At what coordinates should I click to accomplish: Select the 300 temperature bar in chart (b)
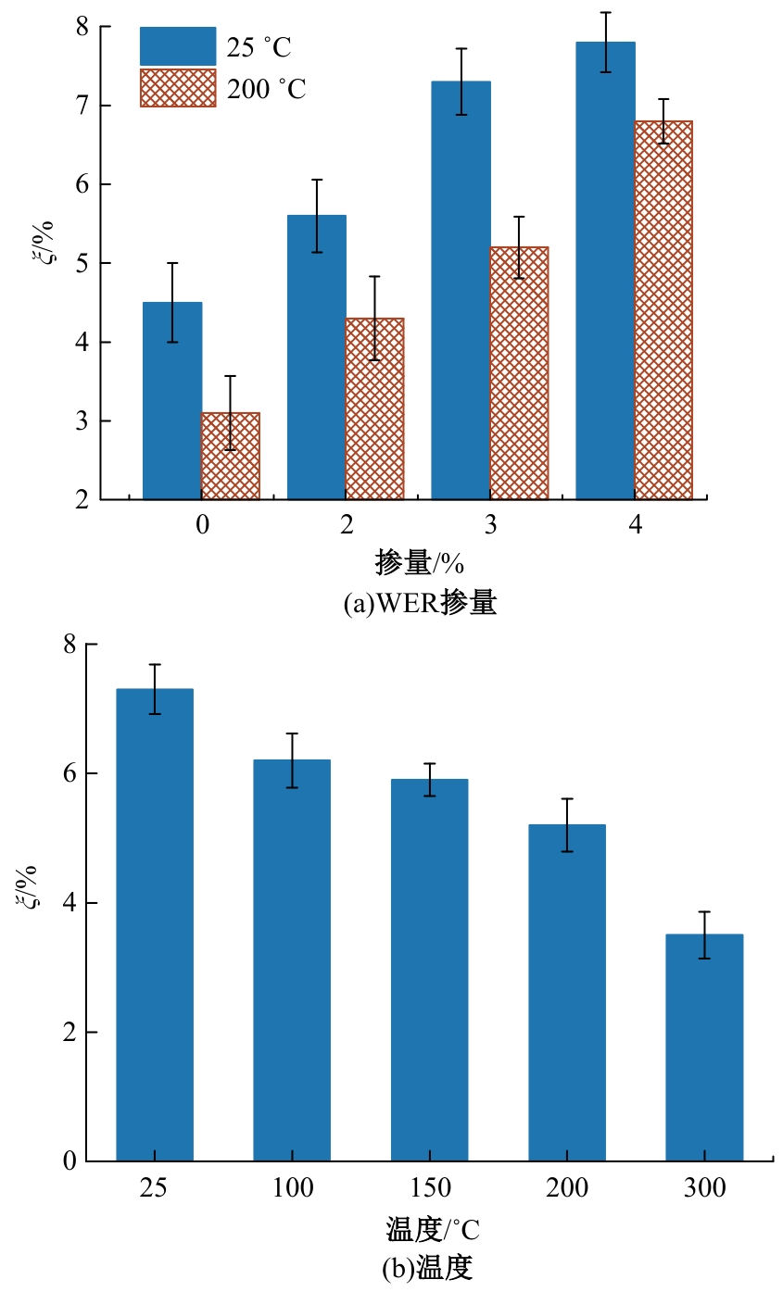[x=704, y=1047]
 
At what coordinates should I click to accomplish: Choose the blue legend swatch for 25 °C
[x=178, y=46]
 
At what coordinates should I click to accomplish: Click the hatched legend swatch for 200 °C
[x=178, y=88]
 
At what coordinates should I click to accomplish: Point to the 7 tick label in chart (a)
[x=82, y=107]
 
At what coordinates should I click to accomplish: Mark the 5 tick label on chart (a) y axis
[x=82, y=264]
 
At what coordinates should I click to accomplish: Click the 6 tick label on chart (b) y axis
[x=69, y=773]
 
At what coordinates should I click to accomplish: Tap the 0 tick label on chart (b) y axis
[x=69, y=1161]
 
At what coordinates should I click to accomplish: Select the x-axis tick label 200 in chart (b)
[x=566, y=1188]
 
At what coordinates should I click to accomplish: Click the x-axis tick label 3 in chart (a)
[x=490, y=526]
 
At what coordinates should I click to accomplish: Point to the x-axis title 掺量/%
[x=419, y=562]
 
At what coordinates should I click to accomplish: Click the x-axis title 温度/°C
[x=433, y=1231]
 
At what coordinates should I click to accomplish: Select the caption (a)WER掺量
[x=420, y=604]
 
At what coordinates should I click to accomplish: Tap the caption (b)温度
[x=427, y=1267]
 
